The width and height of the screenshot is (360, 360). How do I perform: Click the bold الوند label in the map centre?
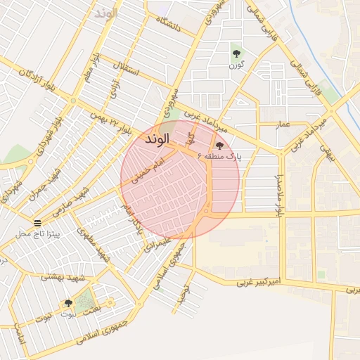coord(158,140)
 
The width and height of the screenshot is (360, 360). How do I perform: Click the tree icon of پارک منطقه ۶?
coord(220,146)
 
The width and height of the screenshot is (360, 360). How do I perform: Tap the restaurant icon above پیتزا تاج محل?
coord(46,222)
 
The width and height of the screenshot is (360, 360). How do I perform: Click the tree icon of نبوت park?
coord(68,303)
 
